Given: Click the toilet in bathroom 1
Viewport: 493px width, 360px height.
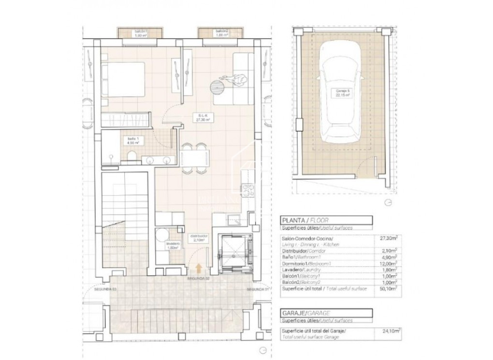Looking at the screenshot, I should tap(131, 156).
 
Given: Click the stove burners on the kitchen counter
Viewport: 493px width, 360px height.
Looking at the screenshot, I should tap(248, 190).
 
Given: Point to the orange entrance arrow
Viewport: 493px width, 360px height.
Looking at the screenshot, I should tap(198, 267).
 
